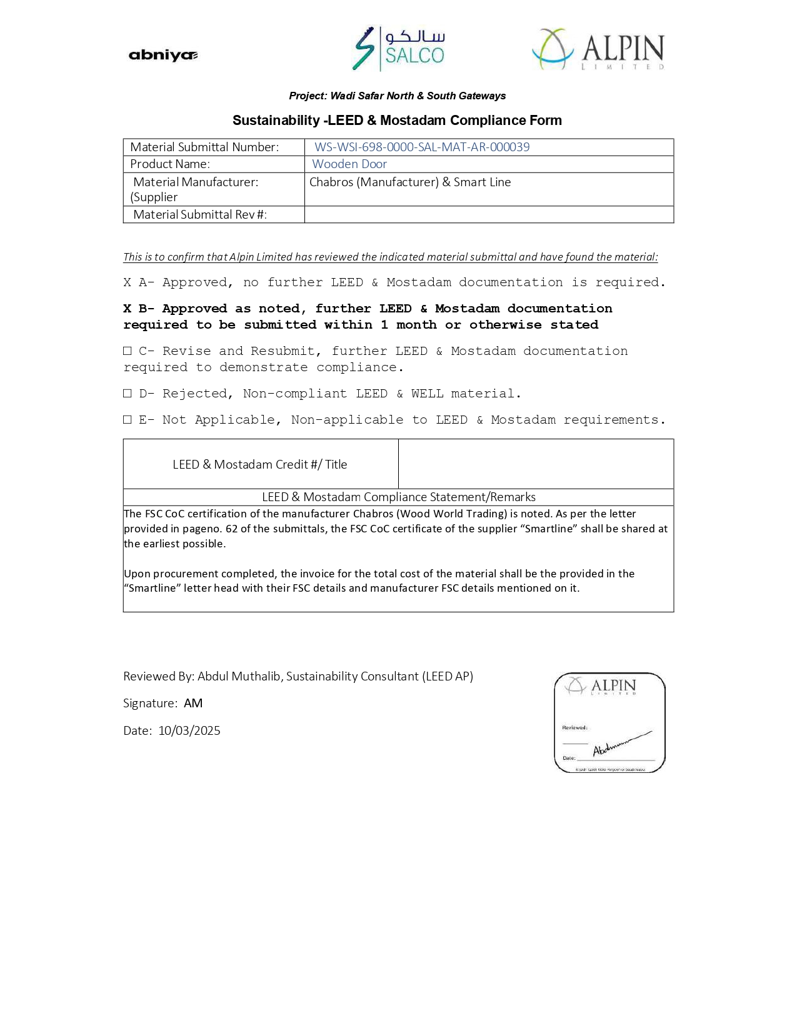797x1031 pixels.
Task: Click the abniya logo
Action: [x=163, y=55]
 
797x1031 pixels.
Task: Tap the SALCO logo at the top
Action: [x=398, y=49]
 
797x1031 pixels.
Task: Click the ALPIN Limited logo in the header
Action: [x=598, y=49]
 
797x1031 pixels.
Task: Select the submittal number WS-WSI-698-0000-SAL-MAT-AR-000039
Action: [x=422, y=147]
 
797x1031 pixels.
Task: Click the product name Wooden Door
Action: [x=349, y=164]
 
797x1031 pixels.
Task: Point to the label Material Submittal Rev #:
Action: [x=200, y=215]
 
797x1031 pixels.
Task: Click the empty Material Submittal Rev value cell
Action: [x=488, y=215]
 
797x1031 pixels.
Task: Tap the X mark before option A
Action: [x=128, y=282]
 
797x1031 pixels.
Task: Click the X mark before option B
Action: [x=128, y=309]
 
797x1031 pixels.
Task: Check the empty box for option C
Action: [x=128, y=351]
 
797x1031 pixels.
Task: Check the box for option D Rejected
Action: [x=128, y=394]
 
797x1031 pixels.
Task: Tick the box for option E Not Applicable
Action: [x=128, y=420]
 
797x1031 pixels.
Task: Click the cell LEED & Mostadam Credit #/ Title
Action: [x=260, y=464]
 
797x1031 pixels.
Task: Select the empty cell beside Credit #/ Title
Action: [x=536, y=464]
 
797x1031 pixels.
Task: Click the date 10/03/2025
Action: [x=189, y=731]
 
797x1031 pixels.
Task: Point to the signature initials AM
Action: [x=193, y=704]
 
